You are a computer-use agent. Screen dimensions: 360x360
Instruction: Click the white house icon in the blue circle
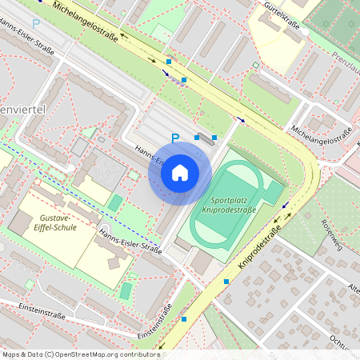coord(180,173)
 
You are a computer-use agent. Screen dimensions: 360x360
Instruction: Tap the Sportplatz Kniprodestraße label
coord(229,205)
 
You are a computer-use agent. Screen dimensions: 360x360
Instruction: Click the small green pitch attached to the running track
coord(274,192)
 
